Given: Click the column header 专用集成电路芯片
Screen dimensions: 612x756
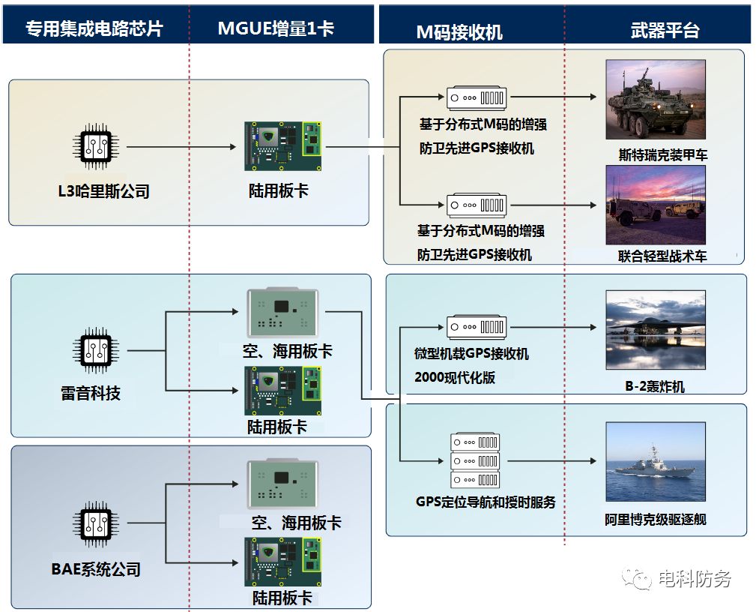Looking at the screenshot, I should [94, 28].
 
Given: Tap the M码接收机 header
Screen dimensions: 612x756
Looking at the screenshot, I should [459, 31].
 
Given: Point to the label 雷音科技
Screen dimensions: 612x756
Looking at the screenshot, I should [91, 392].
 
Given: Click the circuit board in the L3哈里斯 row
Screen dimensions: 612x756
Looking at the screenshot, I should [282, 147].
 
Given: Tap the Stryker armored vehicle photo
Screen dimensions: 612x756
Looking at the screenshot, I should [656, 99].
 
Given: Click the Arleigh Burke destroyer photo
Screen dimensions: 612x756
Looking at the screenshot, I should [656, 462].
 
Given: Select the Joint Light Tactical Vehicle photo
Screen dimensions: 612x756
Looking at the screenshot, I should [656, 205].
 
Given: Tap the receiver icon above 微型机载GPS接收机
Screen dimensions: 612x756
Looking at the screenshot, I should [477, 328].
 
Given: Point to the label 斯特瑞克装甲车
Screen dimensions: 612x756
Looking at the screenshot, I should [662, 155].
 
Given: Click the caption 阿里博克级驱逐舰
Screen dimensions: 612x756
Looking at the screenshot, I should [656, 519].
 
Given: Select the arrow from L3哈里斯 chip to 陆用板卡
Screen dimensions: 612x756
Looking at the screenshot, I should [181, 148].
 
